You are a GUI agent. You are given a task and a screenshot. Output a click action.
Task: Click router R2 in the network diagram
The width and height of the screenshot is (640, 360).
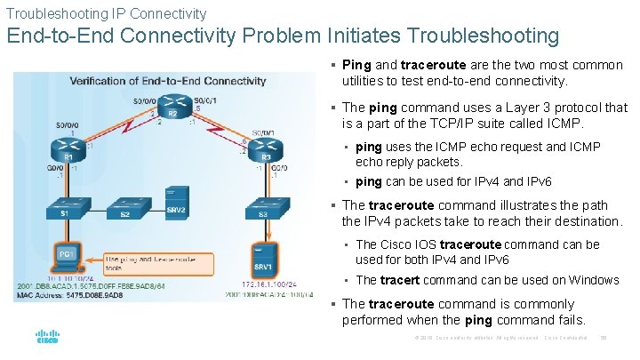point(175,104)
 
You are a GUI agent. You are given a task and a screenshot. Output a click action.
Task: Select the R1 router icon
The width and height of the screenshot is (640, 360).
point(68,148)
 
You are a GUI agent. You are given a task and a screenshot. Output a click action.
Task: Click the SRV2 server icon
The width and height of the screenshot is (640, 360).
point(178,201)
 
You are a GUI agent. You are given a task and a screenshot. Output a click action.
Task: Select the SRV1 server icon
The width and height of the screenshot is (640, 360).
point(263,257)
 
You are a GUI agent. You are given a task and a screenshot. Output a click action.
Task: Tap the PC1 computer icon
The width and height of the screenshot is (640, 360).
point(67,255)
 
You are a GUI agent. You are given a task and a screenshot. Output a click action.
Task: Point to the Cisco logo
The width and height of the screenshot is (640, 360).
point(46,338)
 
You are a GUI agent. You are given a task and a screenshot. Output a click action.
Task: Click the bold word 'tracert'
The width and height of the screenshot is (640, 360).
point(401,280)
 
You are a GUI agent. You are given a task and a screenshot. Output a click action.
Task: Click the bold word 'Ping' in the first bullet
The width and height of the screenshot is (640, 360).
point(356,65)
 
